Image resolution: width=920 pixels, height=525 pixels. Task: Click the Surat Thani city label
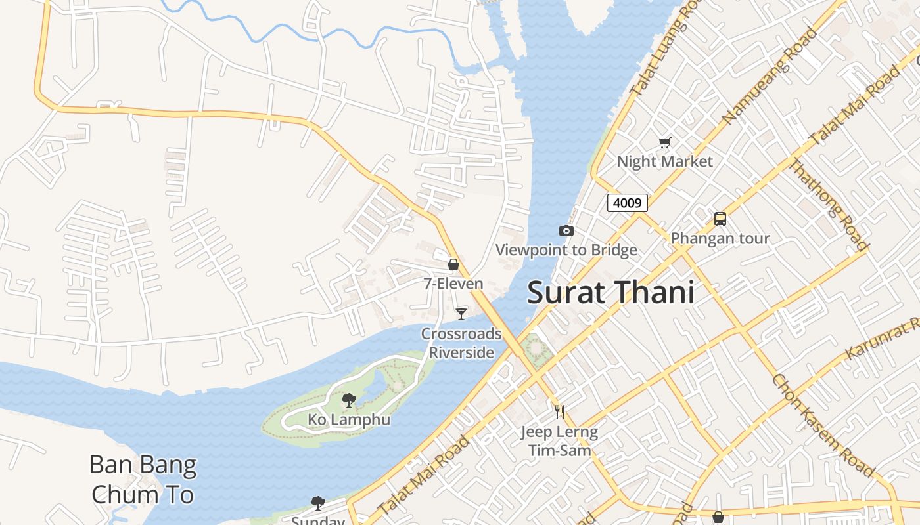pyautogui.click(x=610, y=292)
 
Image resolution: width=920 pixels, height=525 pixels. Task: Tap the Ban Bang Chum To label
pyautogui.click(x=143, y=480)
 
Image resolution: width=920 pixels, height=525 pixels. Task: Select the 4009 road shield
pyautogui.click(x=627, y=203)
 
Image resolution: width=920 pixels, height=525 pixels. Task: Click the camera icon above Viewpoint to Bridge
pyautogui.click(x=566, y=230)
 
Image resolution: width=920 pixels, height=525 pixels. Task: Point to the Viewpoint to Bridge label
pyautogui.click(x=566, y=250)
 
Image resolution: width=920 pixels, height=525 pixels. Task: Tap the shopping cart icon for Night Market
pyautogui.click(x=664, y=142)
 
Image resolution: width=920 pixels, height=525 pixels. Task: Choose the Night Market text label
pyautogui.click(x=664, y=161)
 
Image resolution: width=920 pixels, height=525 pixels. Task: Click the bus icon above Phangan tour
pyautogui.click(x=720, y=219)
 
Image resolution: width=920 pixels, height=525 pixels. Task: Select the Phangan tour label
pyautogui.click(x=720, y=238)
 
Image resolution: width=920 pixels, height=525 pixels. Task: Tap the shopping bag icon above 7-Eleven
pyautogui.click(x=453, y=264)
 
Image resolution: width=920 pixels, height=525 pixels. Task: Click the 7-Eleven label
pyautogui.click(x=453, y=284)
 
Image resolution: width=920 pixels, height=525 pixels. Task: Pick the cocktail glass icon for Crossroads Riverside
pyautogui.click(x=461, y=314)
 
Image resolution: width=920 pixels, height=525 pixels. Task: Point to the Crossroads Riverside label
pyautogui.click(x=461, y=343)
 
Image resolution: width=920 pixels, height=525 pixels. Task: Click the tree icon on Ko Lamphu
pyautogui.click(x=349, y=400)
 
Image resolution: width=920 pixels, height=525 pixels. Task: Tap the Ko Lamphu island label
pyautogui.click(x=349, y=419)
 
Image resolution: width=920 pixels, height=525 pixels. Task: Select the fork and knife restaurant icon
pyautogui.click(x=560, y=411)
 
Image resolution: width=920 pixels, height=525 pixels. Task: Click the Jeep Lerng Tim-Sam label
pyautogui.click(x=560, y=441)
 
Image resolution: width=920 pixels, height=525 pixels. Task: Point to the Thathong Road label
pyautogui.click(x=829, y=205)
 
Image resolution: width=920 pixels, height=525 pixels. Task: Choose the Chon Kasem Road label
pyautogui.click(x=823, y=425)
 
